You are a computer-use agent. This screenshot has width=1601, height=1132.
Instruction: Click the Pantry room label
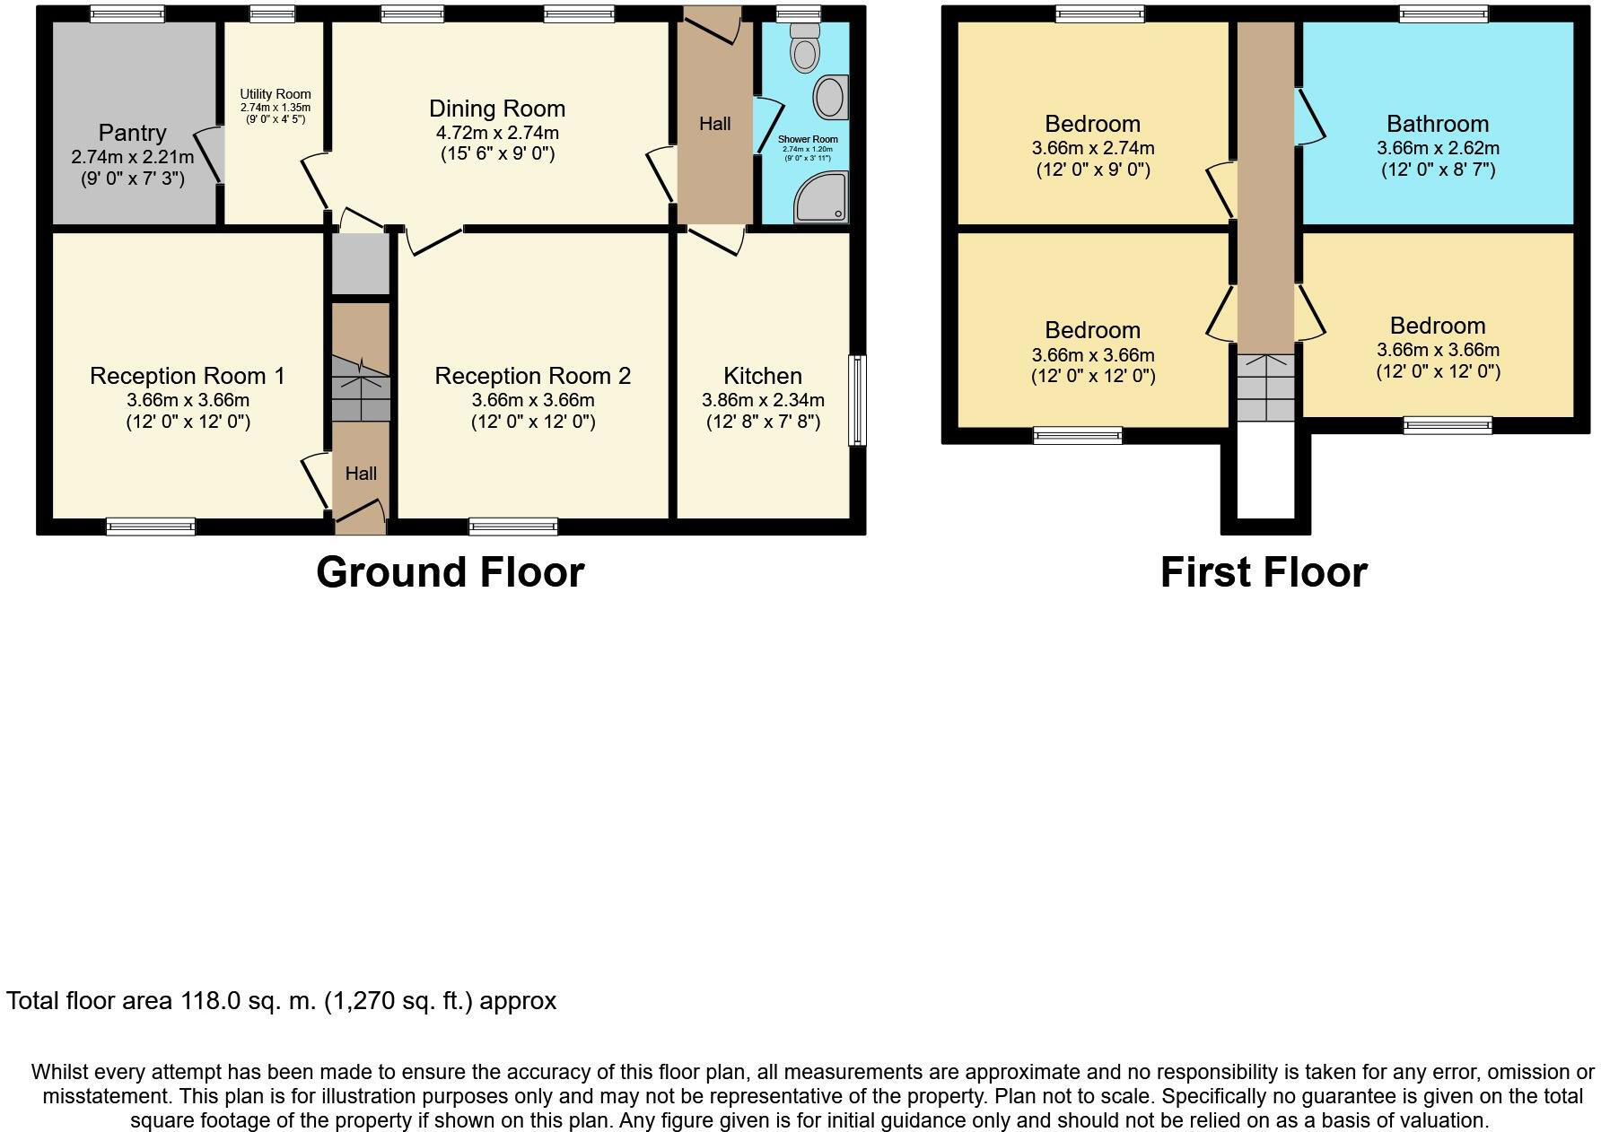point(132,133)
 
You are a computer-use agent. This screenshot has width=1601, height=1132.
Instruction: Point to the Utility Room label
point(275,94)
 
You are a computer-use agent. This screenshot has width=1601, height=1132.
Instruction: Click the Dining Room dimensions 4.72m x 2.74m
point(497,133)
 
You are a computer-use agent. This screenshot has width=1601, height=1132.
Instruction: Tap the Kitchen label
point(763,376)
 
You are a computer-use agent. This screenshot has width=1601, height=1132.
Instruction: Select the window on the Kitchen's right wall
point(858,400)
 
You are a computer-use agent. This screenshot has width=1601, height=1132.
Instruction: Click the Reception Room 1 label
point(187,376)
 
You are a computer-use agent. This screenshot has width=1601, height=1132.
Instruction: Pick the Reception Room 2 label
point(533,376)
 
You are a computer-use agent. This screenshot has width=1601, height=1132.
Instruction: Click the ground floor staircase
point(361,387)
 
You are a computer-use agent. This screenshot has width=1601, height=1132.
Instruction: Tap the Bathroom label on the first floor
point(1438,124)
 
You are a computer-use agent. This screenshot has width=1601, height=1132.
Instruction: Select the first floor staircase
point(1266,387)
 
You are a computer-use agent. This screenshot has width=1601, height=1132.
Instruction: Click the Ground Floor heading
point(450,572)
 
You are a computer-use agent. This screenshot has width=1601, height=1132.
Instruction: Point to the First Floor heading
point(1264,572)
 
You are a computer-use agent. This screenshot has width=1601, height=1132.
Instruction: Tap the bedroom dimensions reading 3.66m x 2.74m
point(1093,148)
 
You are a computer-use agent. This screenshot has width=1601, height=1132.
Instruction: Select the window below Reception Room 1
point(151,527)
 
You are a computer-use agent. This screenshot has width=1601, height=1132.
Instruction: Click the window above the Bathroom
point(1443,13)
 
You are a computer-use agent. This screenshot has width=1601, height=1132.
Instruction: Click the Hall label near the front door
point(361,474)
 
